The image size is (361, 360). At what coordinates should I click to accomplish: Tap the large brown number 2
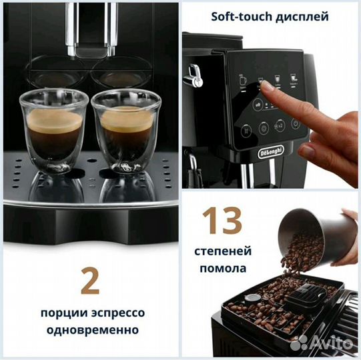point(89,281)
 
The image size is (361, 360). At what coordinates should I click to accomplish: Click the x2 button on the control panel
point(280,125)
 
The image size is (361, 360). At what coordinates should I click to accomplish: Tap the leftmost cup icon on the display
point(242,79)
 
